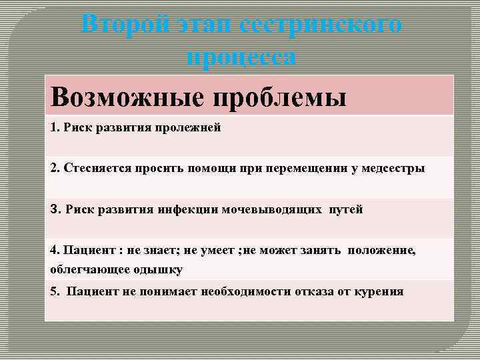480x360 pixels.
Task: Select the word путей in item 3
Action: click(x=345, y=209)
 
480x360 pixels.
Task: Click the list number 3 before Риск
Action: click(x=54, y=209)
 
